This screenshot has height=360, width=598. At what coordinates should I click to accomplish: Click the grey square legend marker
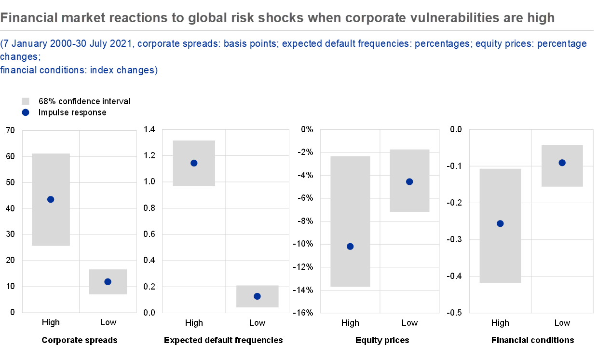tap(26, 101)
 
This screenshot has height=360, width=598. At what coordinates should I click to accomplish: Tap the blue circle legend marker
tap(26, 112)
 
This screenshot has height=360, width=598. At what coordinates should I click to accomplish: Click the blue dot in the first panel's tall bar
tap(51, 199)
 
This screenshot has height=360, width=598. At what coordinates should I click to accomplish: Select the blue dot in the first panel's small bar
tap(108, 282)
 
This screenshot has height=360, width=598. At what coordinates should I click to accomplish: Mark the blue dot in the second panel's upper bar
tap(194, 163)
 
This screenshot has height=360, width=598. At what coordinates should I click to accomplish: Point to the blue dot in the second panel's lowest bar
tap(257, 296)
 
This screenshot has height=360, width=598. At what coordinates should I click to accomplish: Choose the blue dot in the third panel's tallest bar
tap(350, 247)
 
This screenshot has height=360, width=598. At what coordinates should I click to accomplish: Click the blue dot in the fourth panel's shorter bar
tap(562, 163)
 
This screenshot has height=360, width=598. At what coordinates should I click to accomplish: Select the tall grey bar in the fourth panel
tap(500, 251)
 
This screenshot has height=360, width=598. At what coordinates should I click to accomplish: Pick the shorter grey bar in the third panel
tap(409, 198)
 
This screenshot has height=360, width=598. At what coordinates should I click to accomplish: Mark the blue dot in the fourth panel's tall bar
tap(500, 223)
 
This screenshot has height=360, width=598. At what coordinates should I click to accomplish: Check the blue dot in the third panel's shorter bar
tap(409, 182)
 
